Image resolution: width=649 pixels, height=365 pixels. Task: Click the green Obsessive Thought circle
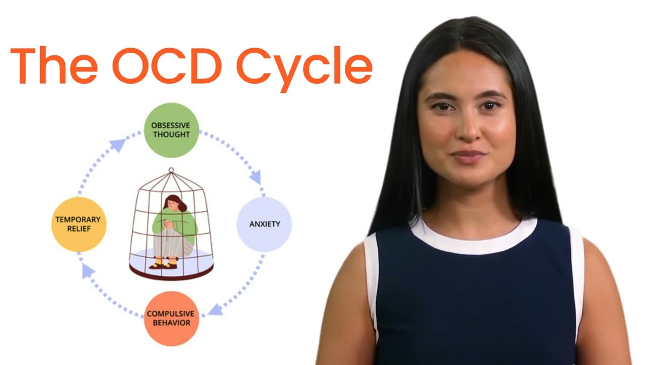(x=171, y=130)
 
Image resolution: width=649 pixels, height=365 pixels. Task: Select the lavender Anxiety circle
(x=264, y=224)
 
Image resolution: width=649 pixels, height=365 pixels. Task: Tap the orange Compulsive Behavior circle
(x=171, y=318)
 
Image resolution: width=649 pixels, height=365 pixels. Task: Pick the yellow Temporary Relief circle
(x=78, y=224)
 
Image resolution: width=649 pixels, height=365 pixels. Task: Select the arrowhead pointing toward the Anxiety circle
(x=256, y=177)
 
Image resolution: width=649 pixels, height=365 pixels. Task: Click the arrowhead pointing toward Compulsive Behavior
(x=215, y=309)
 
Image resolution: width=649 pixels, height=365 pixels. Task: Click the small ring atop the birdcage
(x=171, y=170)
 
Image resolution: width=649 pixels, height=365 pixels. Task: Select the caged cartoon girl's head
(x=173, y=203)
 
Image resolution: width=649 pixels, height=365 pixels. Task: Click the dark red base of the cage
(x=171, y=274)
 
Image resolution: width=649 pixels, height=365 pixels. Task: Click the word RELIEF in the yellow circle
(x=78, y=229)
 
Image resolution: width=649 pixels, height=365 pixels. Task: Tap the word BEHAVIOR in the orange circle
(x=171, y=323)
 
